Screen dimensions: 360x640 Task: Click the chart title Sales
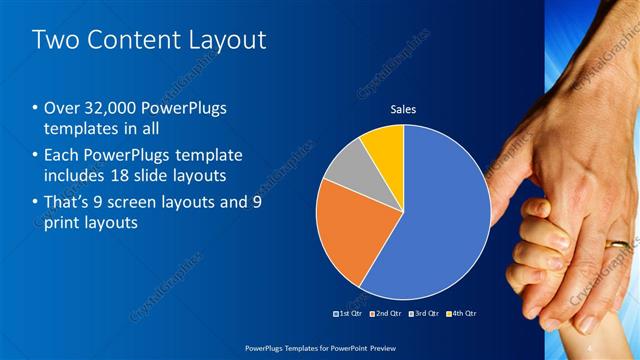click(403, 109)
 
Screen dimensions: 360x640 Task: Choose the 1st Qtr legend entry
click(347, 313)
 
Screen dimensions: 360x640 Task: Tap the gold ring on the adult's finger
click(620, 243)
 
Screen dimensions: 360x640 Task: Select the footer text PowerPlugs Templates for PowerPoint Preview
click(319, 349)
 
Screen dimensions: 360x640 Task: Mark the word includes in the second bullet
click(76, 176)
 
